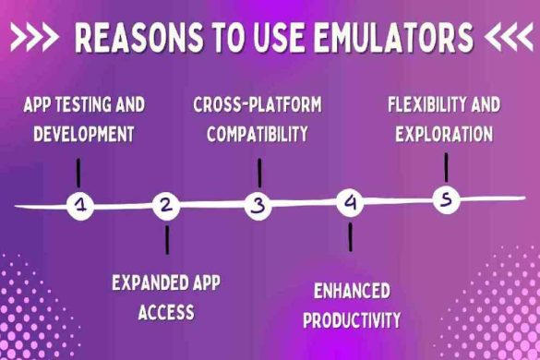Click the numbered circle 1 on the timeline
coord(81,206)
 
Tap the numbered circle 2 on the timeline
coord(166,206)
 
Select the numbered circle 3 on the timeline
coord(258,206)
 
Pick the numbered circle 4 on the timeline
coord(349,203)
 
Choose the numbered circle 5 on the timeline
coord(446,200)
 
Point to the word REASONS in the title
coord(135,39)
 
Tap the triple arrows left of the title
coord(35,39)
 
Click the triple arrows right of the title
coord(508,39)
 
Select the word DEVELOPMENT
coord(84,133)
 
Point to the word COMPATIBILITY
coord(258,134)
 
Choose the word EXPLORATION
coord(443,134)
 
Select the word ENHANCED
coord(352,292)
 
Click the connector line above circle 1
coord(78,172)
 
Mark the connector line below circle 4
coord(350,236)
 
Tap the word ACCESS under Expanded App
coord(166,312)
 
